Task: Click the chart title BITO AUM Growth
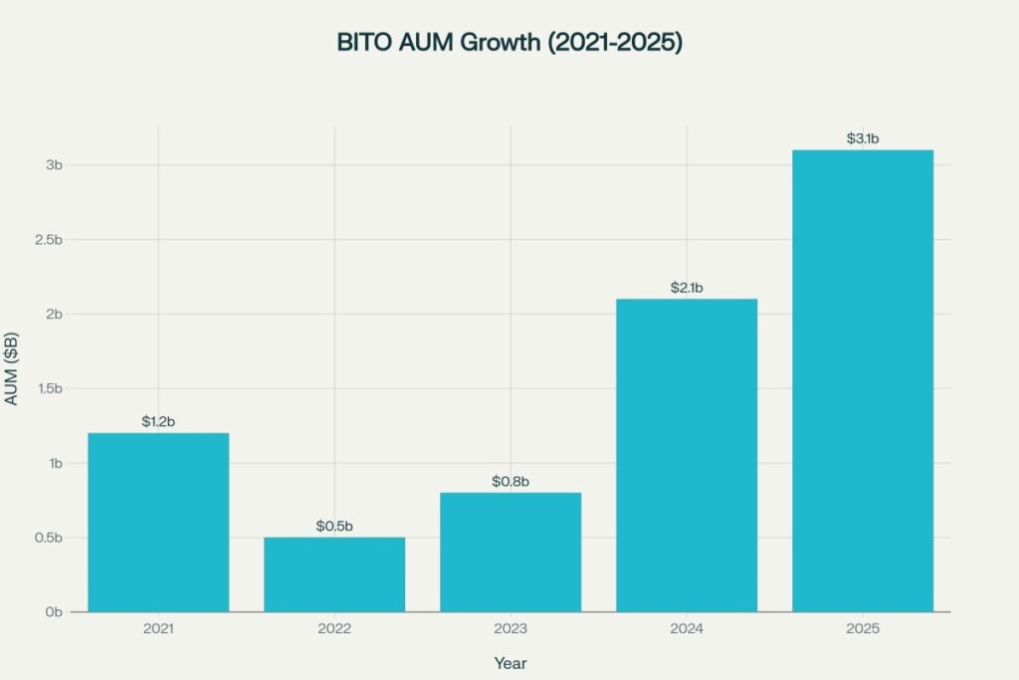point(509,45)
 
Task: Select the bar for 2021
point(158,522)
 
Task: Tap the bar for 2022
point(334,574)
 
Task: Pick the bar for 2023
point(510,552)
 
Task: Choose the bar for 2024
point(687,455)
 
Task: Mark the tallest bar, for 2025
point(863,380)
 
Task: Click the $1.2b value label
point(158,422)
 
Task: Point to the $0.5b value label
point(334,526)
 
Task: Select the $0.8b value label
point(510,482)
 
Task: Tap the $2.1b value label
point(687,288)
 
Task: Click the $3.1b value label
point(863,138)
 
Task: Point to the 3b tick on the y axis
point(54,164)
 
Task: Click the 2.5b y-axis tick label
point(47,240)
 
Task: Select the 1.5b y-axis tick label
point(47,388)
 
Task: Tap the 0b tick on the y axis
point(54,612)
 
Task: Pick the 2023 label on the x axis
point(510,630)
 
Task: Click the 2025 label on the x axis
point(863,630)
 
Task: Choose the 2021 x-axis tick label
point(158,630)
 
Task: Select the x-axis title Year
point(510,663)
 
